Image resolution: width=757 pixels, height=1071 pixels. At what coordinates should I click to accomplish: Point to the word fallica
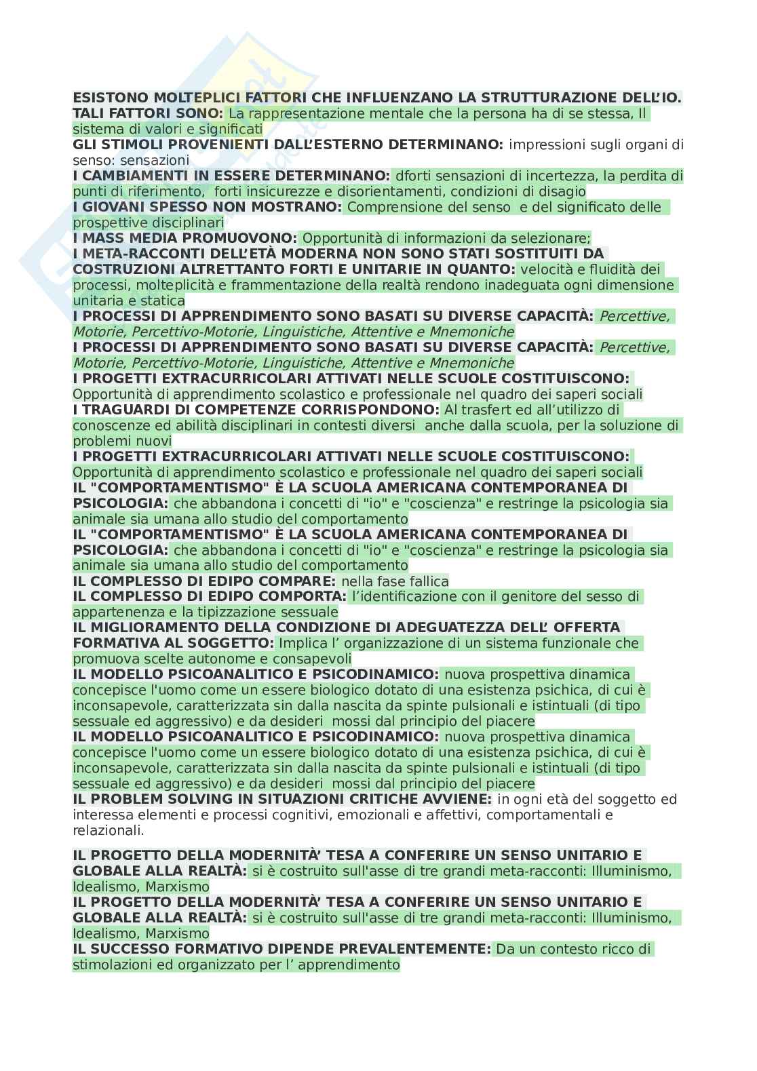click(x=425, y=581)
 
